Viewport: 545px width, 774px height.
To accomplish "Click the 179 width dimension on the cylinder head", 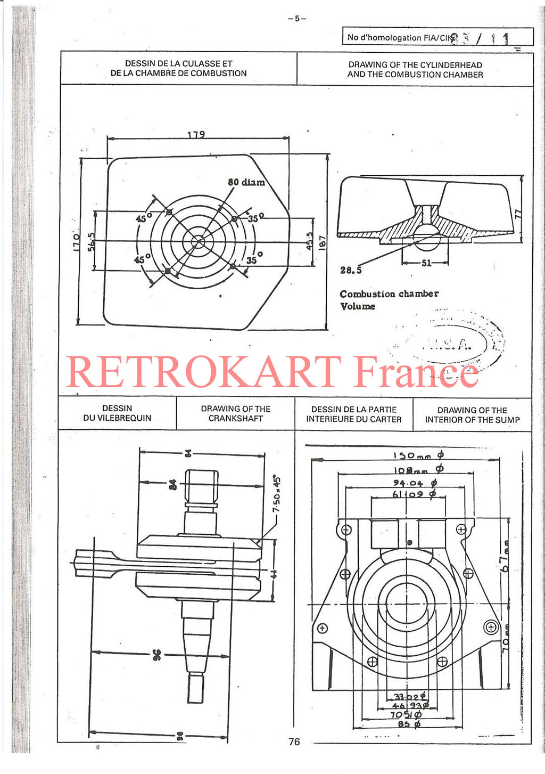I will pyautogui.click(x=196, y=134).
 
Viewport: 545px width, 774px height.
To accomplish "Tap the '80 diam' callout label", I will pyautogui.click(x=246, y=182).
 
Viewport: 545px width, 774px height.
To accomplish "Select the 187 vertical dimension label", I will pyautogui.click(x=322, y=243).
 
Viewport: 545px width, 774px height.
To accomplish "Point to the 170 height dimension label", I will pyautogui.click(x=77, y=242).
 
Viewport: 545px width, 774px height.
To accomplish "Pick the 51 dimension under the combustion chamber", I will pyautogui.click(x=426, y=263).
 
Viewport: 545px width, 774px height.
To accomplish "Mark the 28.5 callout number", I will pyautogui.click(x=351, y=271).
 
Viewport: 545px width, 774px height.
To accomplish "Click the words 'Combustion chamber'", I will pyautogui.click(x=389, y=294).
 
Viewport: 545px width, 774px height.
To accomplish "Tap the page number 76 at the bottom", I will pyautogui.click(x=294, y=742).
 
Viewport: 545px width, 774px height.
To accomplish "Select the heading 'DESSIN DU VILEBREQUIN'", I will pyautogui.click(x=117, y=413).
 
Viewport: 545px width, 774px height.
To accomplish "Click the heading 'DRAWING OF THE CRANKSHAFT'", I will pyautogui.click(x=235, y=414).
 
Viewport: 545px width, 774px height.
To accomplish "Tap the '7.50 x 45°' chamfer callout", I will pyautogui.click(x=276, y=494).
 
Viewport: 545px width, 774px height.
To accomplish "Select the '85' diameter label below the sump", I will pyautogui.click(x=409, y=724).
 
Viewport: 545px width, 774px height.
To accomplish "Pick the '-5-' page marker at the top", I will pyautogui.click(x=297, y=19).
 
